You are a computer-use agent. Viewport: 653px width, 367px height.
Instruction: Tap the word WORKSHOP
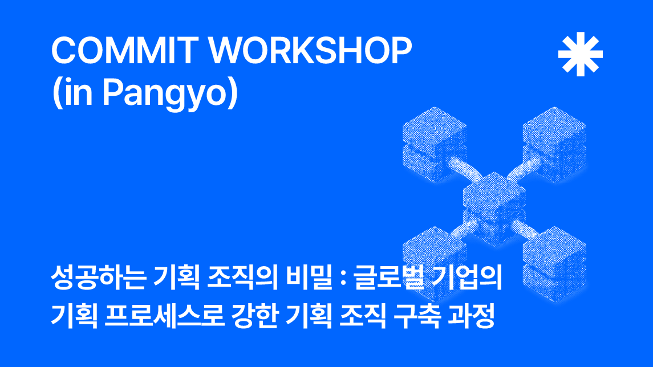pos(310,50)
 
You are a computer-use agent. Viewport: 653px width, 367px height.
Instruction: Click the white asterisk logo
pos(580,54)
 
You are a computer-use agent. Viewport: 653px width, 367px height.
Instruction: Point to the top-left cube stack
pos(434,144)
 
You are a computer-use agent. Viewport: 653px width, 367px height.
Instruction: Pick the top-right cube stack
pos(554,144)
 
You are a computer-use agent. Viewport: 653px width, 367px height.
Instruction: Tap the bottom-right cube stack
pos(554,264)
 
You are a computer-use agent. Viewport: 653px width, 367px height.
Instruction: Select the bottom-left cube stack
pos(434,264)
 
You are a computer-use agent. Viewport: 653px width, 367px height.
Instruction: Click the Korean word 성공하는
pos(98,277)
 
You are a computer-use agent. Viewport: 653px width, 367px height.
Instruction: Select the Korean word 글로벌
pos(388,277)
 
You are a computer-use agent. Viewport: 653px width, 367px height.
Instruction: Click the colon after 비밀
pos(343,278)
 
